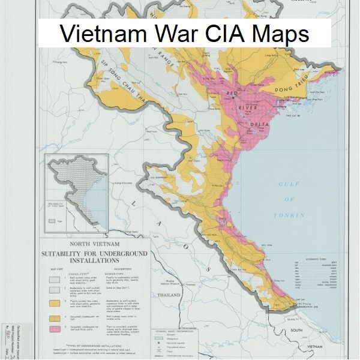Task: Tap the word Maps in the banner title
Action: pos(277,35)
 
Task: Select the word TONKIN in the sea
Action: pos(289,215)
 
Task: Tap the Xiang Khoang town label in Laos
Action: pos(123,182)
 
